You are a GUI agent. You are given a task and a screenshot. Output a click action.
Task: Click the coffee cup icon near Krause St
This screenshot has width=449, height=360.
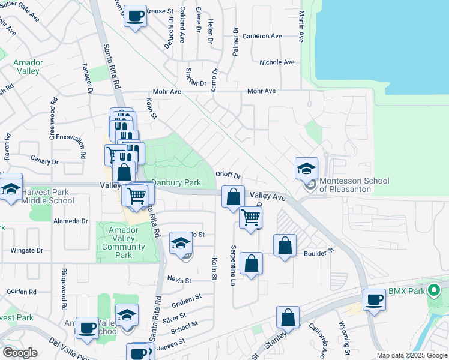(136, 15)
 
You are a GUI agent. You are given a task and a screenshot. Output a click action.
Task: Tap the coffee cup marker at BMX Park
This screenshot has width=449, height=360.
(375, 299)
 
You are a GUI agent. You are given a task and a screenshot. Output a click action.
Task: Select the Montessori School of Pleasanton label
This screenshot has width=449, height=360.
(354, 185)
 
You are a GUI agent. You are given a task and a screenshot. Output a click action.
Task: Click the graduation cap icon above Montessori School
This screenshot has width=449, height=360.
(306, 169)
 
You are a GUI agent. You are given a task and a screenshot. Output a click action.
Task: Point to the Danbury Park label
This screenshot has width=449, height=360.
(175, 182)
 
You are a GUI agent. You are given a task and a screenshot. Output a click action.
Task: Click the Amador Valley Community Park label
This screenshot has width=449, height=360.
(124, 242)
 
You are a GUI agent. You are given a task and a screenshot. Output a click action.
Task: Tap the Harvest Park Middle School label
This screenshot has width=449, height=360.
(48, 196)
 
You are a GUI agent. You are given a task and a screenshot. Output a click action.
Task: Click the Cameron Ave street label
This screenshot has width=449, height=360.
(262, 36)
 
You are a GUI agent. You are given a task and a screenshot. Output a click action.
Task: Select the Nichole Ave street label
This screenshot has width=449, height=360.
(277, 62)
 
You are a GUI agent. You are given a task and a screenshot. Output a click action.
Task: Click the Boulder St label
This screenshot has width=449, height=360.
(318, 253)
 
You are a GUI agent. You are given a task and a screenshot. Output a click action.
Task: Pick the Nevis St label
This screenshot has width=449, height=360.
(179, 280)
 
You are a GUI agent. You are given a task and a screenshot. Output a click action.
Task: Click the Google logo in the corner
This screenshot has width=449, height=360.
(20, 353)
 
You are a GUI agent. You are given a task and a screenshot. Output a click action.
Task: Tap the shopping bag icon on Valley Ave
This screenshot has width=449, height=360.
(232, 196)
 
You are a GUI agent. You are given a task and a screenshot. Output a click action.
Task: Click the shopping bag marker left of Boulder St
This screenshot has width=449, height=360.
(285, 245)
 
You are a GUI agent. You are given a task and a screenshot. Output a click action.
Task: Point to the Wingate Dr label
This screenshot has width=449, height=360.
(27, 250)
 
